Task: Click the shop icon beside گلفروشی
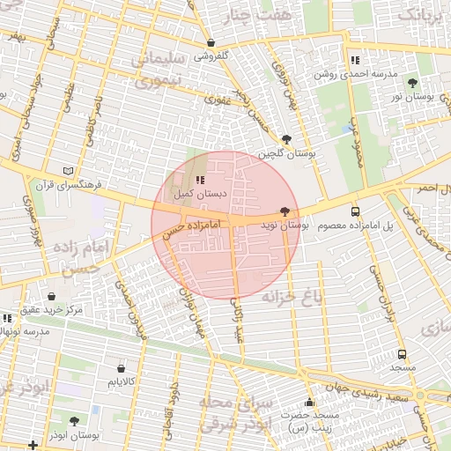click(211, 43)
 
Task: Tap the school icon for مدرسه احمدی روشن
click(354, 61)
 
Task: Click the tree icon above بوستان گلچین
click(286, 140)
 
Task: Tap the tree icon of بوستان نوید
click(285, 212)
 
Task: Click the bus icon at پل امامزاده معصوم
click(356, 212)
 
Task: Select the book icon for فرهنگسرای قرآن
click(70, 171)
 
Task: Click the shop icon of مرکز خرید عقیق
click(52, 297)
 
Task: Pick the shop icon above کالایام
click(121, 368)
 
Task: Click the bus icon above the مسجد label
click(402, 353)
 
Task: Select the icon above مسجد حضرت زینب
click(308, 402)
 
